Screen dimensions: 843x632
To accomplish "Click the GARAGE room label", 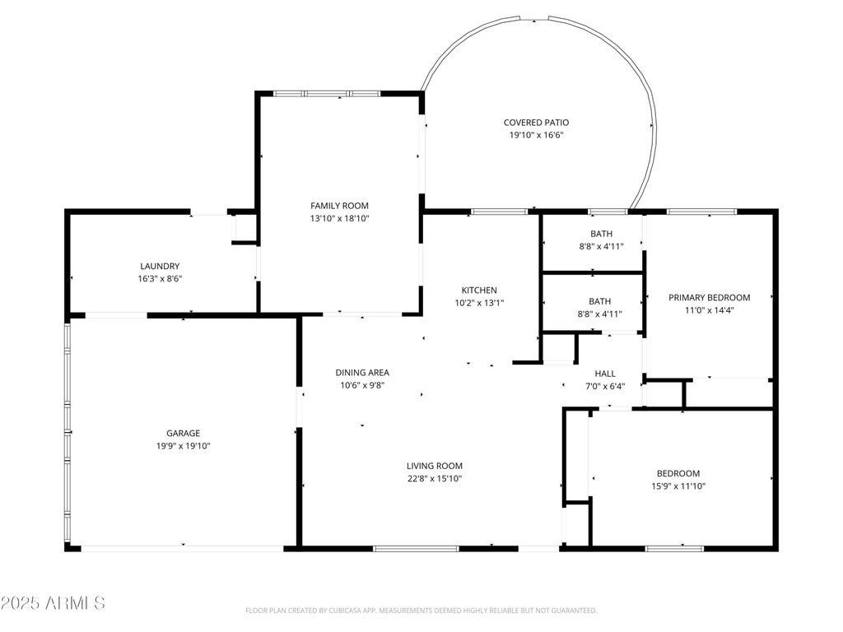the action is coord(183,433).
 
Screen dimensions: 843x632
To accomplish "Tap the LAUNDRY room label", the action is coord(160,266).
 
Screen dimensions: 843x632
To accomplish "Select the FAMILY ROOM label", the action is coord(339,205).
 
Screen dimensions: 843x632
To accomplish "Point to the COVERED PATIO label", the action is coord(536,123).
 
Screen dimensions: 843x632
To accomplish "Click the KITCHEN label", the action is coord(479,290).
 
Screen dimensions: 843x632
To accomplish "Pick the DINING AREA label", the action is coord(362,373).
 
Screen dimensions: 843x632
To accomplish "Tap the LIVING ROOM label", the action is coord(435,466).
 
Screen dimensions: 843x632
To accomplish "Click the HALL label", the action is coord(605,374).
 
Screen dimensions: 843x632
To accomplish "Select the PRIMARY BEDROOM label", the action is coord(709,298).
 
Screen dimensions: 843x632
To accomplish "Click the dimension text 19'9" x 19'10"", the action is coord(183,446).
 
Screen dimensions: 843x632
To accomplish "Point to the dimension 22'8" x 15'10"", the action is coord(435,479).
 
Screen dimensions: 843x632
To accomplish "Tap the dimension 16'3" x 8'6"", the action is coord(160,279).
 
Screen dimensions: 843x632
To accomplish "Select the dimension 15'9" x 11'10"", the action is coord(678,486).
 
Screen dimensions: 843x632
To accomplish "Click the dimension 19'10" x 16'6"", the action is coord(536,136).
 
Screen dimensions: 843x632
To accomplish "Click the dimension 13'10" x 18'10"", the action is coord(339,218).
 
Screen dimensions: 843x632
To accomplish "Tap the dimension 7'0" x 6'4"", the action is coord(605,387).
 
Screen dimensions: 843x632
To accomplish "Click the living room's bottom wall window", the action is coord(416,549).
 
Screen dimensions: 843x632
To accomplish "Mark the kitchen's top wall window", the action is coord(500,211).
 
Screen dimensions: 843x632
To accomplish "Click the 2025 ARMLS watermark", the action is coord(53,603).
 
